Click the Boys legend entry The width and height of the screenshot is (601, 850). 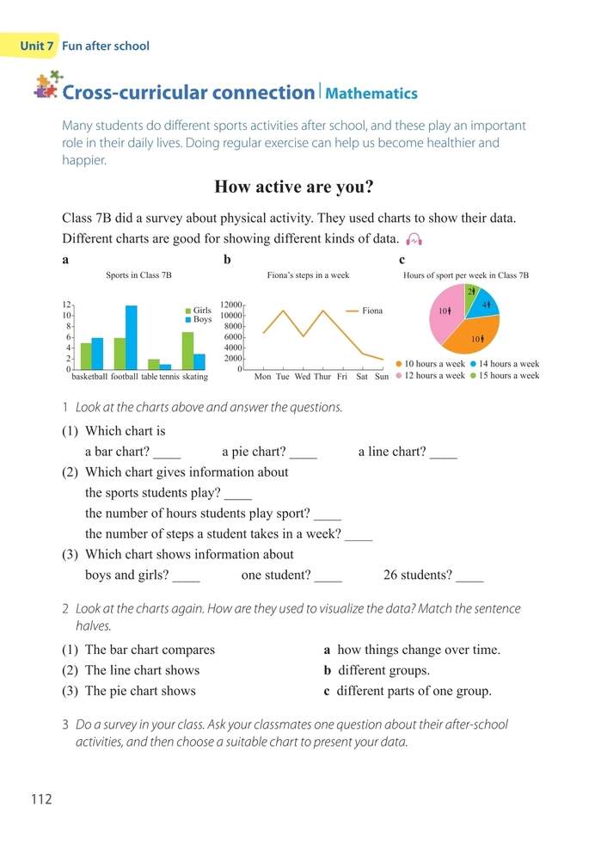pyautogui.click(x=198, y=319)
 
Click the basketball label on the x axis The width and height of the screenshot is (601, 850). pyautogui.click(x=89, y=377)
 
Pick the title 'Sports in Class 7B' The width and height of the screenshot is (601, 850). pyautogui.click(x=138, y=275)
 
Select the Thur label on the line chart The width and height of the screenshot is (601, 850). pyautogui.click(x=322, y=377)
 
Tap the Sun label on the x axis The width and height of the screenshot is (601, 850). pyautogui.click(x=382, y=377)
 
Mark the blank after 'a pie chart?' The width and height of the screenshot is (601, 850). pyautogui.click(x=304, y=453)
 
